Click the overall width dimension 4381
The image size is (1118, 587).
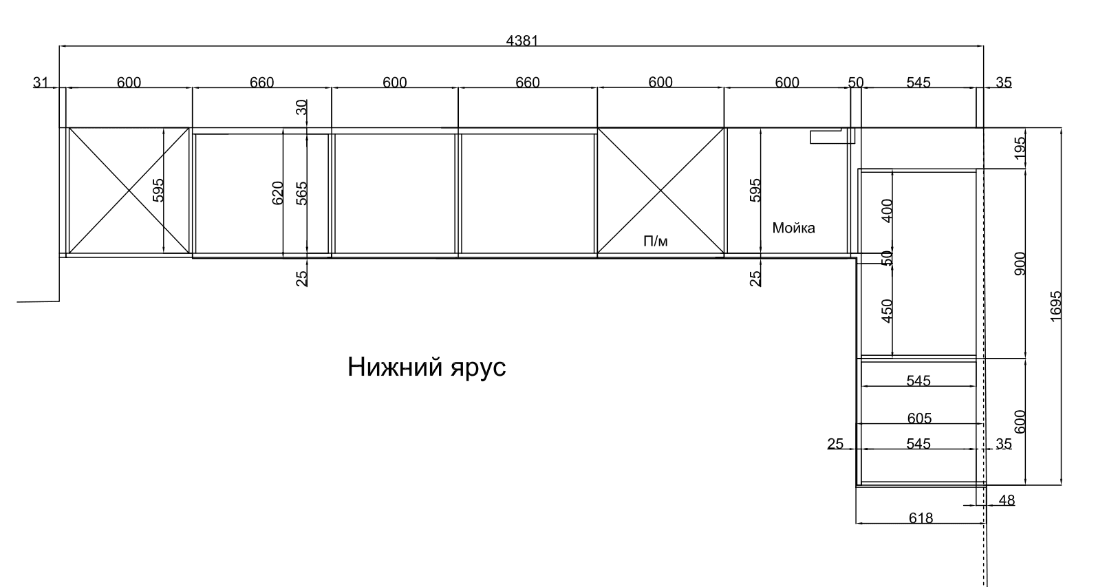pyautogui.click(x=522, y=41)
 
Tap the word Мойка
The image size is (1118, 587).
pyautogui.click(x=793, y=228)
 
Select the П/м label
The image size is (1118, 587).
pyautogui.click(x=656, y=242)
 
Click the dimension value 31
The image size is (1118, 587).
pyautogui.click(x=41, y=82)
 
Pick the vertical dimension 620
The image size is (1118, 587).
pyautogui.click(x=277, y=193)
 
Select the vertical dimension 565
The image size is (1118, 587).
pyautogui.click(x=301, y=193)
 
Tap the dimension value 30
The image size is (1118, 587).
pyautogui.click(x=301, y=107)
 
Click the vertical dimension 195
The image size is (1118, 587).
pyautogui.click(x=1020, y=148)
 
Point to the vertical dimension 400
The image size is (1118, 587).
pyautogui.click(x=887, y=211)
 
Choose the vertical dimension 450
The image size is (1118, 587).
pyautogui.click(x=887, y=311)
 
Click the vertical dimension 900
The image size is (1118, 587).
pyautogui.click(x=1020, y=264)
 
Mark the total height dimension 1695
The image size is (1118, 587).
pyautogui.click(x=1056, y=306)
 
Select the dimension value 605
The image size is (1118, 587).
pyautogui.click(x=919, y=418)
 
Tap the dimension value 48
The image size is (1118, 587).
pyautogui.click(x=1007, y=500)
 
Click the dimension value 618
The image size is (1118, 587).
pyautogui.click(x=921, y=518)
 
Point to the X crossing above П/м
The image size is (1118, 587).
pyautogui.click(x=660, y=191)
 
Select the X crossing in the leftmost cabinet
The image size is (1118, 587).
pyautogui.click(x=129, y=191)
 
